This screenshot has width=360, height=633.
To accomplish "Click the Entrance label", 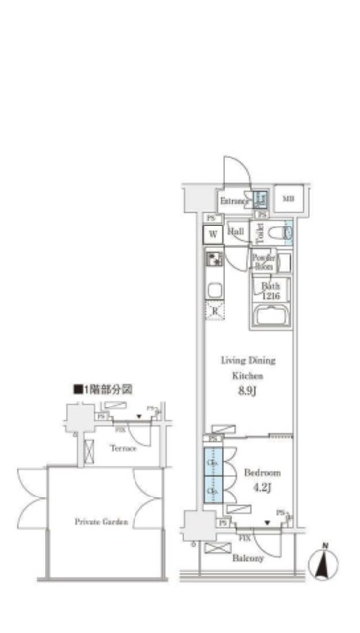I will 233,201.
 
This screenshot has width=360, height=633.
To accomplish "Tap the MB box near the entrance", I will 288,199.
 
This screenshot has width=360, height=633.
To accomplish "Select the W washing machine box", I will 213,234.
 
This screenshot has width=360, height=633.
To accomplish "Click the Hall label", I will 237,232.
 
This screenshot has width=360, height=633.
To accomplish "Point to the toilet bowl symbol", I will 287,234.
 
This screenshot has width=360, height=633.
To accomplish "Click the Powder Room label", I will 265,263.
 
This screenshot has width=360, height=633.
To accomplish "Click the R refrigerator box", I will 214,311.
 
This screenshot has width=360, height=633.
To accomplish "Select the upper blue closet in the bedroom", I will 213,463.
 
